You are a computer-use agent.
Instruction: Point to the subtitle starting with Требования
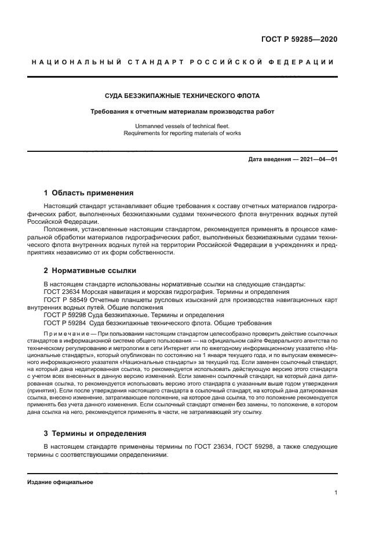pyautogui.click(x=181, y=111)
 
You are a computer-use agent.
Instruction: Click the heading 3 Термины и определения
pyautogui.click(x=95, y=434)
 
